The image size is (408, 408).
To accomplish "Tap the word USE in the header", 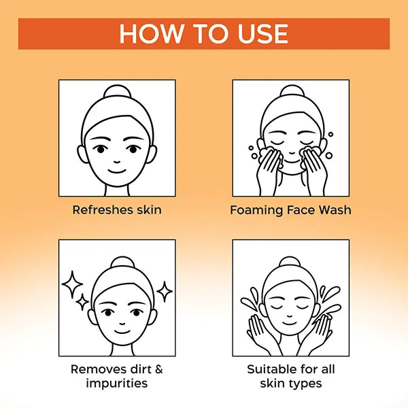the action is (263, 33).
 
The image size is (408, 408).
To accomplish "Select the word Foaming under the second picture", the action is (256, 211).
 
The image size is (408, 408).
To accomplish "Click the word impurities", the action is (117, 384).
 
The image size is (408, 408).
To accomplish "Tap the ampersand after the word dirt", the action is (158, 369).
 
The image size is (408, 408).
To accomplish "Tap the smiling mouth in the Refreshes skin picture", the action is (117, 171).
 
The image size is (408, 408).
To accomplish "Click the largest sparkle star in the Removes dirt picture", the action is (72, 284).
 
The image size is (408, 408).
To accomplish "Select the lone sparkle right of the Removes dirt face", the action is (165, 292).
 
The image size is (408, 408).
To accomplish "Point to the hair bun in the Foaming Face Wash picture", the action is (292, 91).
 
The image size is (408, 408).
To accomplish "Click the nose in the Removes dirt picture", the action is (122, 324).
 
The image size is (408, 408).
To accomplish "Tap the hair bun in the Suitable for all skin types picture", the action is (290, 262).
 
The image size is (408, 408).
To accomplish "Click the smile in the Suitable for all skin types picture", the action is (290, 324).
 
